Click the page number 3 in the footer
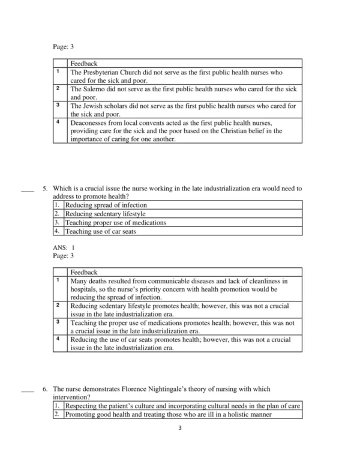pyautogui.click(x=179, y=428)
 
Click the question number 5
pyautogui.click(x=45, y=188)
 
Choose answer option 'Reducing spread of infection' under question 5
pyautogui.click(x=106, y=205)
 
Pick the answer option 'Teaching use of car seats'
pyautogui.click(x=101, y=231)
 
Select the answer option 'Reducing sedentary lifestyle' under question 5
pyautogui.click(x=105, y=213)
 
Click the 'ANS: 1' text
pyautogui.click(x=64, y=247)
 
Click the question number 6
pyautogui.click(x=45, y=389)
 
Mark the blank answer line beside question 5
pyautogui.click(x=27, y=189)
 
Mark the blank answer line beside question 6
pyautogui.click(x=27, y=390)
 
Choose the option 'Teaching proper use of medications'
pyautogui.click(x=115, y=222)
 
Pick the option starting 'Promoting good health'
pyautogui.click(x=168, y=414)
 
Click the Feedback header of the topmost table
pyautogui.click(x=84, y=63)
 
